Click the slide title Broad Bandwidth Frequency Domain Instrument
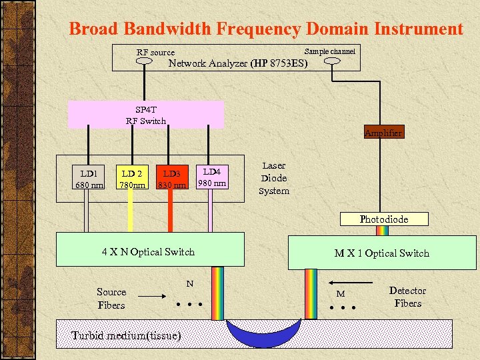click(x=265, y=29)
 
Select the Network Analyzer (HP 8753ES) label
click(x=238, y=64)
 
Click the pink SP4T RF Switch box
click(x=146, y=115)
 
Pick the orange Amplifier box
click(x=383, y=133)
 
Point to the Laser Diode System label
click(x=274, y=178)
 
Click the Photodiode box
click(x=383, y=219)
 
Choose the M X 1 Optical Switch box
click(x=381, y=253)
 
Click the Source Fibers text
click(x=111, y=298)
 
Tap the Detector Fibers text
click(x=407, y=297)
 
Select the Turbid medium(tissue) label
click(x=126, y=335)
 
